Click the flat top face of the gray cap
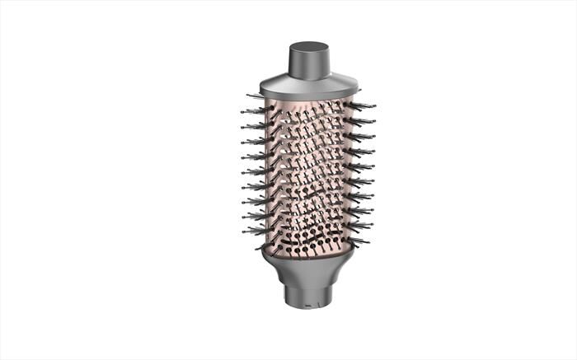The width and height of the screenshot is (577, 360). click(309, 45)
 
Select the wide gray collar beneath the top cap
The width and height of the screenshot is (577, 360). click(309, 83)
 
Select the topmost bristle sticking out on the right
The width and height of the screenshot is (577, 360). click(366, 105)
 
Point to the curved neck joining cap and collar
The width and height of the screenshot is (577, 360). click(309, 73)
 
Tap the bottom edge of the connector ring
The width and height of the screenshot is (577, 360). click(308, 307)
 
